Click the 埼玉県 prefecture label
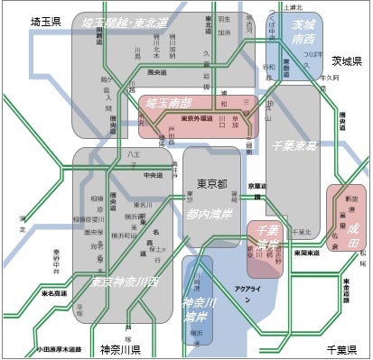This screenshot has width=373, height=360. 44,21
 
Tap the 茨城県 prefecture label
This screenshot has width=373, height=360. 345,62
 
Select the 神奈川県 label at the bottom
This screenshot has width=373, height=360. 122,348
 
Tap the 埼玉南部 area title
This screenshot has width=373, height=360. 171,104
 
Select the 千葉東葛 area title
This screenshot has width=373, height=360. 294,143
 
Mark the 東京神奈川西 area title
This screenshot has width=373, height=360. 125,282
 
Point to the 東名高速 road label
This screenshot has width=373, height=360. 55,292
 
